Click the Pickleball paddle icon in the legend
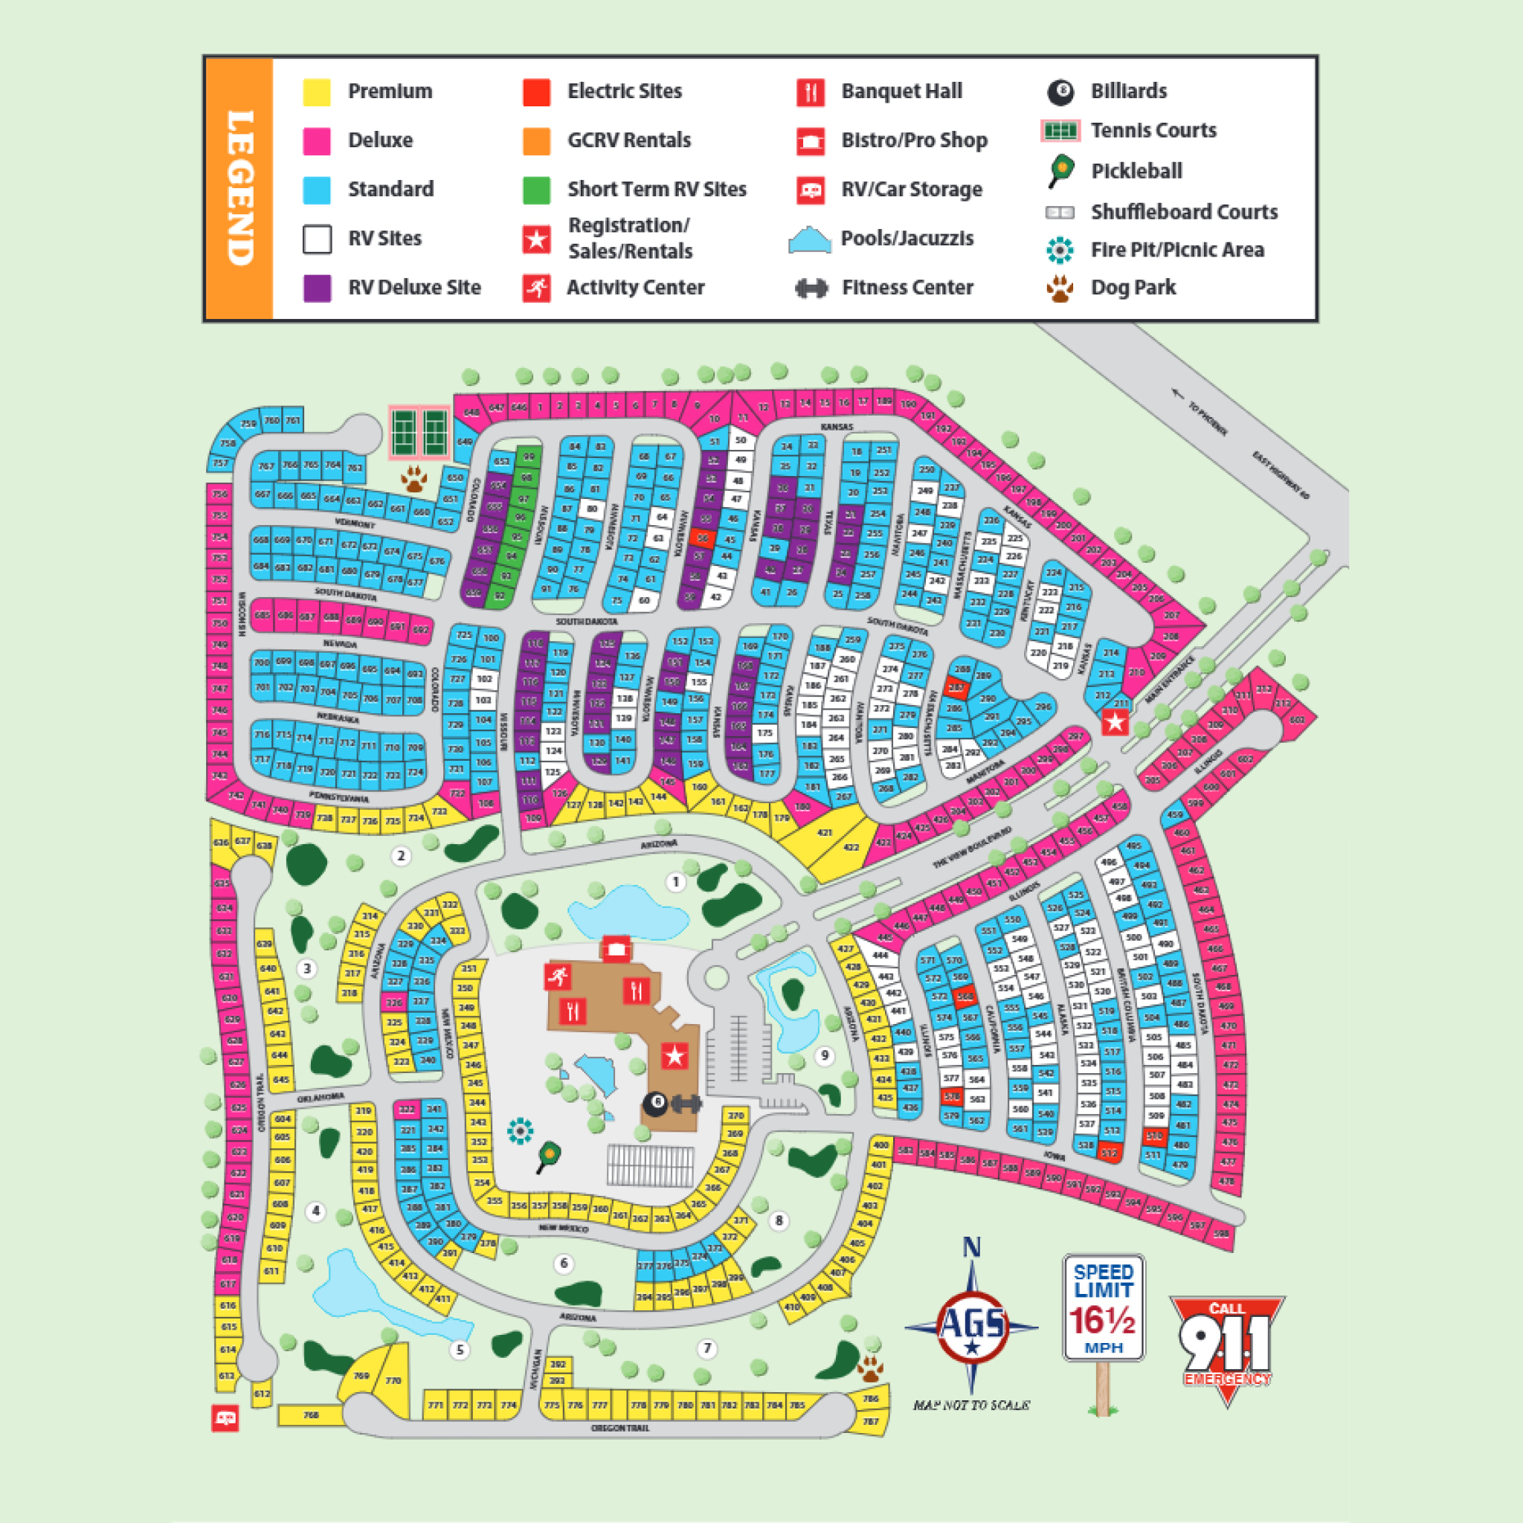click(1061, 171)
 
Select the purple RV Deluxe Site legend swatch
click(317, 288)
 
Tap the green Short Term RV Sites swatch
click(536, 189)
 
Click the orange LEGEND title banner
click(239, 188)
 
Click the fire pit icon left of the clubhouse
click(521, 1131)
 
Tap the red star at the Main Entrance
click(1115, 721)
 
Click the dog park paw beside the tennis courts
click(414, 477)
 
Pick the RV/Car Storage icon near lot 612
click(225, 1419)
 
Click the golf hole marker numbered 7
click(707, 1348)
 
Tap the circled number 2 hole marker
click(402, 855)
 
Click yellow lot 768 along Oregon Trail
click(311, 1415)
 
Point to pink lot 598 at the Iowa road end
click(1221, 1234)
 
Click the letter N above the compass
click(971, 1247)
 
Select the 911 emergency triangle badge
click(1226, 1344)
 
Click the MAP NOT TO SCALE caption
click(971, 1405)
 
